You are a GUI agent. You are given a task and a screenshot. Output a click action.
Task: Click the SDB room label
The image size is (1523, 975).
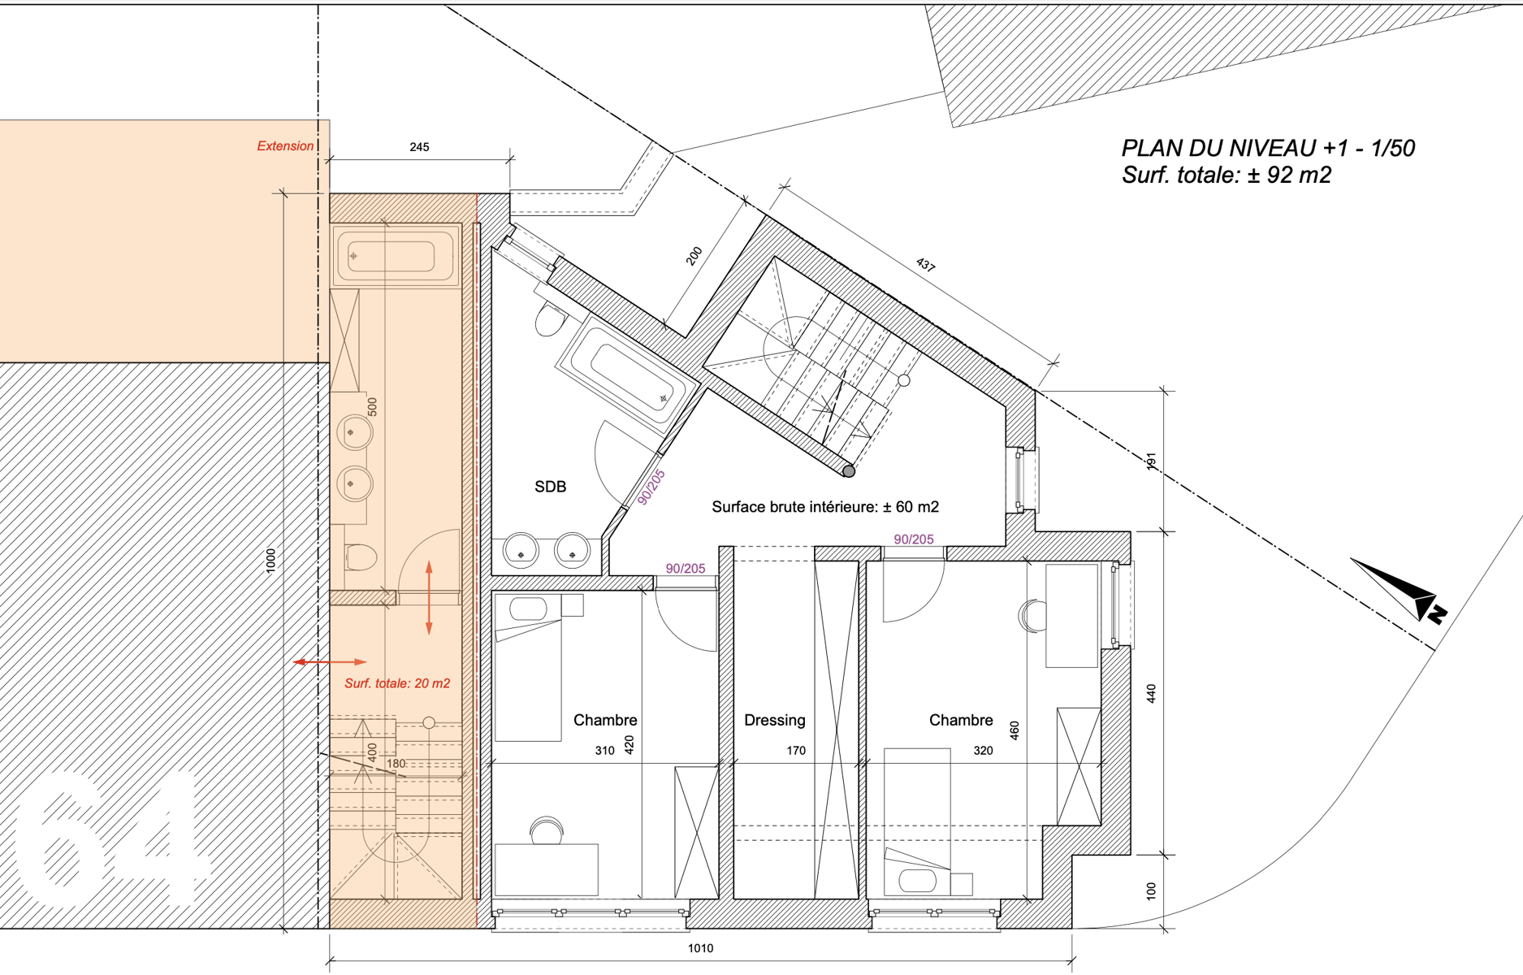550,487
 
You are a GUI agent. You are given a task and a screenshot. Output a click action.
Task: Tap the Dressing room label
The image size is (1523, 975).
775,721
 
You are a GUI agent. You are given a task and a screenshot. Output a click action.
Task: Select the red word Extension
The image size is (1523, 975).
285,146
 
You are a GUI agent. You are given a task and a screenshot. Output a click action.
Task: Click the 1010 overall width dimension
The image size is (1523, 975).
700,948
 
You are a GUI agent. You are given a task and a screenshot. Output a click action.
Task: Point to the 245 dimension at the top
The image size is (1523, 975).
419,147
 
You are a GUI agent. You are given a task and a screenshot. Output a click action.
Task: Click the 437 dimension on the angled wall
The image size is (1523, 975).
925,265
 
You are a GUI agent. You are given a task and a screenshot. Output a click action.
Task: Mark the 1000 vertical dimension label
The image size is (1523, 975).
271,561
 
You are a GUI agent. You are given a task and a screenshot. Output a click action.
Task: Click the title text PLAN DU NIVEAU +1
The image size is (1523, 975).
1235,148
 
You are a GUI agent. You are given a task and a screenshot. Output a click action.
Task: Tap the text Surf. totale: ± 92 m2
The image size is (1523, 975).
1227,175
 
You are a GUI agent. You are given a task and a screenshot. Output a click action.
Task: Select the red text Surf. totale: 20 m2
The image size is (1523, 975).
397,683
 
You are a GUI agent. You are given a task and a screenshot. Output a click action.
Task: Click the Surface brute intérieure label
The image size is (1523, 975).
825,507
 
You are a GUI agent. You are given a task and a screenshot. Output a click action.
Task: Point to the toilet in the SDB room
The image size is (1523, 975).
551,318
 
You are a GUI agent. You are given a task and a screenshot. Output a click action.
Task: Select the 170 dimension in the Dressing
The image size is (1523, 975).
796,751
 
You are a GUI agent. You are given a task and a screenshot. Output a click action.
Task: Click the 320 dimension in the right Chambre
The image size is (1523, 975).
983,751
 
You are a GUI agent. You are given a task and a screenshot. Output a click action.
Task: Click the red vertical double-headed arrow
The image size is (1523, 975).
429,598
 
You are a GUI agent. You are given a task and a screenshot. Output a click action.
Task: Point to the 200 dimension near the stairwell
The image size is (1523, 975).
694,256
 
